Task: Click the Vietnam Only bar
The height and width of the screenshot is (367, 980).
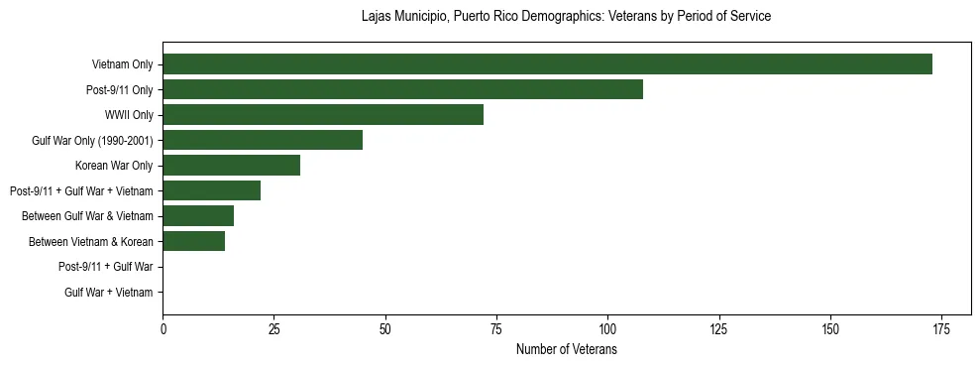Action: coord(547,64)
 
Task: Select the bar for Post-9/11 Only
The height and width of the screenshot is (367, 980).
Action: coord(402,89)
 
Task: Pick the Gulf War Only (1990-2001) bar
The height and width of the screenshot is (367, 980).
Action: coord(263,140)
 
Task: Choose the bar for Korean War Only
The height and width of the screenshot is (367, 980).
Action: coord(231,166)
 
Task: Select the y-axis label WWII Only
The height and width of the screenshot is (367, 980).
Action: coord(129,115)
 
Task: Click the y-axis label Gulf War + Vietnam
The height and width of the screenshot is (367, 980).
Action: coord(109,292)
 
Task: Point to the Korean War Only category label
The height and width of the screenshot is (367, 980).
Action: coord(114,166)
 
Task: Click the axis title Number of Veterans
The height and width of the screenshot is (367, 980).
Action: coord(567,350)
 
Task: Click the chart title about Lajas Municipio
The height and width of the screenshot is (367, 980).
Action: coord(566,17)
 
